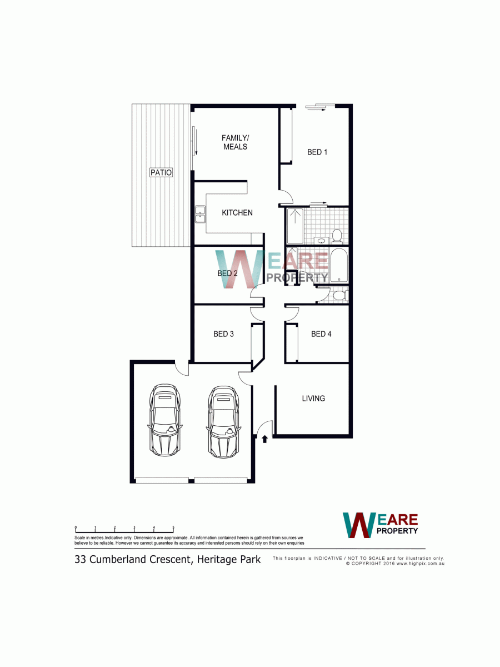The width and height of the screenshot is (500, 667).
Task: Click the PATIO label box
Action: click(x=161, y=172)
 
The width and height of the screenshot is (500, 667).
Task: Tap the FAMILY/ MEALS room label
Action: click(x=235, y=142)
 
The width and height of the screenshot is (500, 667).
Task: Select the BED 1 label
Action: click(x=317, y=152)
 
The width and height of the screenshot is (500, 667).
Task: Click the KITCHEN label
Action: click(x=237, y=213)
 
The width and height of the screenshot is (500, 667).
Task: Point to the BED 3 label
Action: click(x=224, y=334)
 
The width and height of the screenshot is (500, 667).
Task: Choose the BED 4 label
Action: click(x=321, y=334)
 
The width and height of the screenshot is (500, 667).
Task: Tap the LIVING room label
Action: click(x=313, y=398)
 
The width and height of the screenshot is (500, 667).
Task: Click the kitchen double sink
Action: click(x=200, y=214)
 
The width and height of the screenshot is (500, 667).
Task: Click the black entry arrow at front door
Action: click(x=264, y=439)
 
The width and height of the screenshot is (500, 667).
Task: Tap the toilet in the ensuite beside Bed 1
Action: click(x=337, y=237)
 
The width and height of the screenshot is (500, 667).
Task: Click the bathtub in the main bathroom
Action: click(x=339, y=266)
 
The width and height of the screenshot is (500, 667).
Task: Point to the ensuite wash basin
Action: click(x=321, y=241)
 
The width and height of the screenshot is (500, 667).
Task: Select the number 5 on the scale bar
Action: click(x=173, y=527)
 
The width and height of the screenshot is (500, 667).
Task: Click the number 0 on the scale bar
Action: click(x=76, y=527)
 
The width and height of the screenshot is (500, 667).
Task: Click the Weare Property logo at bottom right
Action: click(x=381, y=525)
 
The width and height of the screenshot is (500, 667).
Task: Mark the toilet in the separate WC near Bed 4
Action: click(x=340, y=295)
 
